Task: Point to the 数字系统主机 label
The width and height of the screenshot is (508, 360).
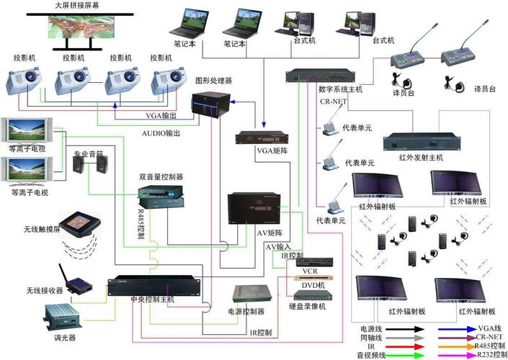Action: click(340, 90)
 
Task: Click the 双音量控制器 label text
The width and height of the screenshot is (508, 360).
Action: click(161, 176)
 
